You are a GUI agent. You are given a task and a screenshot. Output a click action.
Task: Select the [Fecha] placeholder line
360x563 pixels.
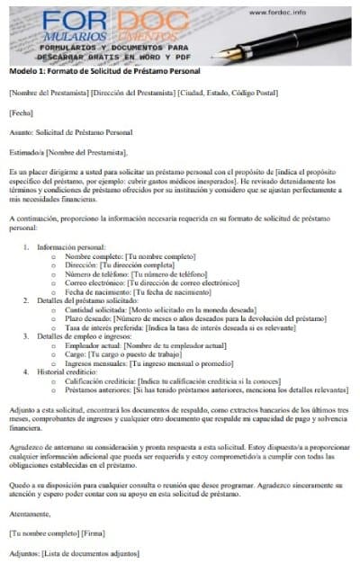[x=21, y=112]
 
